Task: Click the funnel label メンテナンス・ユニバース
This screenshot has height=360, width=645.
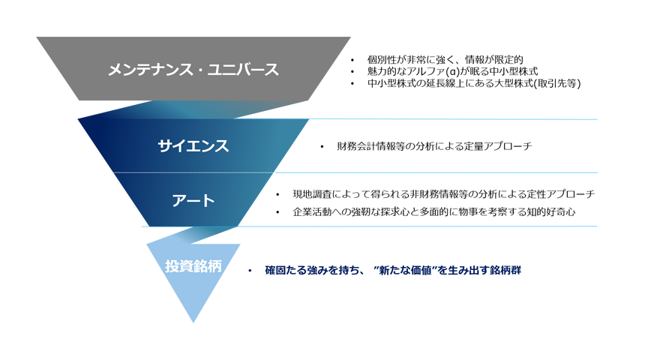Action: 193,70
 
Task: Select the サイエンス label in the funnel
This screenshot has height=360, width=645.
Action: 193,146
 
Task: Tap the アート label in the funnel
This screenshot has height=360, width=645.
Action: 193,200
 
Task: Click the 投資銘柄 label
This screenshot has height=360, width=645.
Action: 193,266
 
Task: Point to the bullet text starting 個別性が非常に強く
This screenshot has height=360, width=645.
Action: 445,59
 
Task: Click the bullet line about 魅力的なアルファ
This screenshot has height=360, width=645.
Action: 452,71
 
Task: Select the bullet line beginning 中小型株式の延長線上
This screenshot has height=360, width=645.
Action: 474,83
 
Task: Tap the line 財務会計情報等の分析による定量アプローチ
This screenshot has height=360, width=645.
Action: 434,146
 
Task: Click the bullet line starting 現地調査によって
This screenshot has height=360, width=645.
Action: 443,194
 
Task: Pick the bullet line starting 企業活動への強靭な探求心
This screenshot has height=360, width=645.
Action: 433,212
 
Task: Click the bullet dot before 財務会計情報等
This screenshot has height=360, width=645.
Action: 322,147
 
